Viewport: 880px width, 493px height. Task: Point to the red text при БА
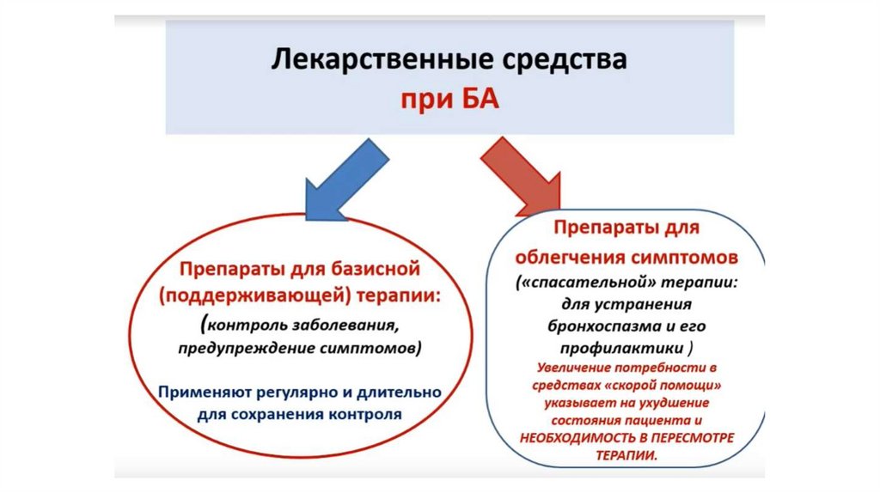pos(449,100)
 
